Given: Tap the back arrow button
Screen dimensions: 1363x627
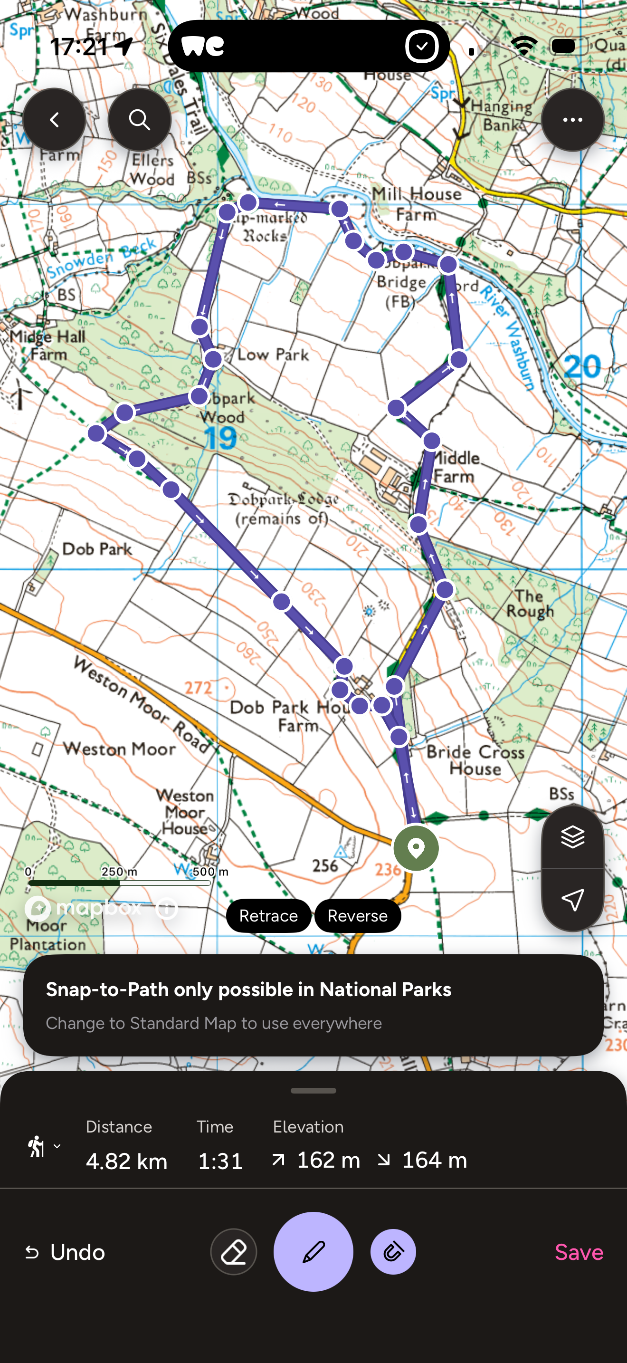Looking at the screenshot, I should pyautogui.click(x=54, y=120).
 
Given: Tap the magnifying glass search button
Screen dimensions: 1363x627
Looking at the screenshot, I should pyautogui.click(x=139, y=120).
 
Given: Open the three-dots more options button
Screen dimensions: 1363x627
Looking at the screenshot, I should pyautogui.click(x=572, y=120).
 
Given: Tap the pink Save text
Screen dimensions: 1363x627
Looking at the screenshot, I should pyautogui.click(x=579, y=1252).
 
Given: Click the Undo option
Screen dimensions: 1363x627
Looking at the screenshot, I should pyautogui.click(x=66, y=1252).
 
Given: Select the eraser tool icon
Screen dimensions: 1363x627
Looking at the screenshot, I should pyautogui.click(x=234, y=1252).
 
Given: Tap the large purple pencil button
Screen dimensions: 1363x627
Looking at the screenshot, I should pyautogui.click(x=313, y=1252).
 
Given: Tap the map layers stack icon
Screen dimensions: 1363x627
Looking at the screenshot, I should pyautogui.click(x=572, y=837).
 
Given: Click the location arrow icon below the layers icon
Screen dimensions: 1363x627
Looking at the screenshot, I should pyautogui.click(x=572, y=899).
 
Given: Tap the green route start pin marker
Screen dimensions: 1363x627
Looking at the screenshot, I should pyautogui.click(x=416, y=848).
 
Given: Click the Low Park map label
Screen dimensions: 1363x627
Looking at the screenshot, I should pyautogui.click(x=273, y=355).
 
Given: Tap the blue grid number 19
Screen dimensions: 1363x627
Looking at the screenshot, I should pyautogui.click(x=220, y=438).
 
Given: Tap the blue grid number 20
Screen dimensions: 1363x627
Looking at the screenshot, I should pyautogui.click(x=582, y=366).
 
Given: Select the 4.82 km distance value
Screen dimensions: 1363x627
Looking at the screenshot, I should pyautogui.click(x=126, y=1161).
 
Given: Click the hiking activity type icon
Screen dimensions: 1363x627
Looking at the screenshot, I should pyautogui.click(x=37, y=1147).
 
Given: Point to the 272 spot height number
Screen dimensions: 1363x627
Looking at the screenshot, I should pyautogui.click(x=198, y=687).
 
